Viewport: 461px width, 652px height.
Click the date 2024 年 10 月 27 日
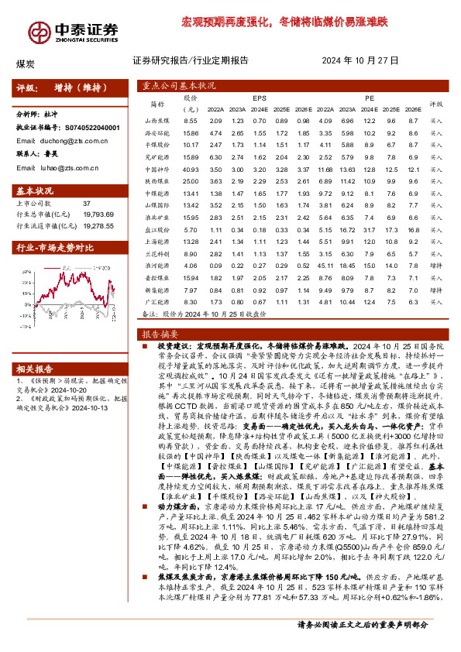pyautogui.click(x=359, y=60)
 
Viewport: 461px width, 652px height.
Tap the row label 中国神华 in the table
pyautogui.click(x=157, y=169)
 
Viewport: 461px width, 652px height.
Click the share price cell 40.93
pyautogui.click(x=191, y=169)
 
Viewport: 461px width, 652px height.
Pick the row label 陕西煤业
pyautogui.click(x=157, y=180)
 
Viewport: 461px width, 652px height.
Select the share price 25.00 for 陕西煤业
pyautogui.click(x=191, y=180)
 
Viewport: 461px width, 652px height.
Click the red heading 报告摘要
pyautogui.click(x=159, y=334)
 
